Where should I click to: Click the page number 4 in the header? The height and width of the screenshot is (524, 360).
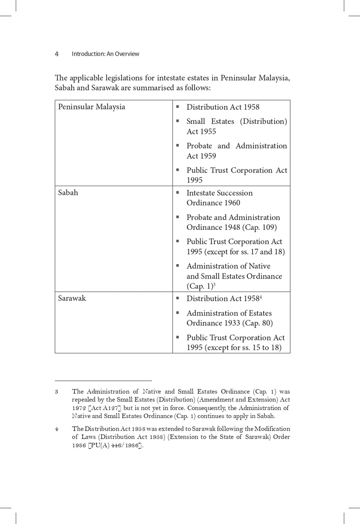pyautogui.click(x=57, y=54)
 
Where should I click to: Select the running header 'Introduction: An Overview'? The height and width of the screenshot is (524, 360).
pyautogui.click(x=105, y=54)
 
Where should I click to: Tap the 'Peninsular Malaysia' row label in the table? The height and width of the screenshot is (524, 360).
pyautogui.click(x=92, y=107)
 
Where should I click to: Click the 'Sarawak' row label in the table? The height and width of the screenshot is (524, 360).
pyautogui.click(x=72, y=298)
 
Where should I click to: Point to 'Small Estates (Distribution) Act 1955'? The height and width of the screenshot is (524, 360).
pyautogui.click(x=237, y=126)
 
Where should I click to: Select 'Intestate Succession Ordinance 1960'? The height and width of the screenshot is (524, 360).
pyautogui.click(x=219, y=198)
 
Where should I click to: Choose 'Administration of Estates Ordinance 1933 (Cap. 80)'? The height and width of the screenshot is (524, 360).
pyautogui.click(x=229, y=318)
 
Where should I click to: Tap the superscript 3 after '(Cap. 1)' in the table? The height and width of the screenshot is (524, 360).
pyautogui.click(x=214, y=285)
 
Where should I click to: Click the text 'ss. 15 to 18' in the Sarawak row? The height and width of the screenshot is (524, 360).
pyautogui.click(x=259, y=348)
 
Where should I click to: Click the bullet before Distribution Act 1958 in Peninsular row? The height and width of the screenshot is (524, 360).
pyautogui.click(x=177, y=106)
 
